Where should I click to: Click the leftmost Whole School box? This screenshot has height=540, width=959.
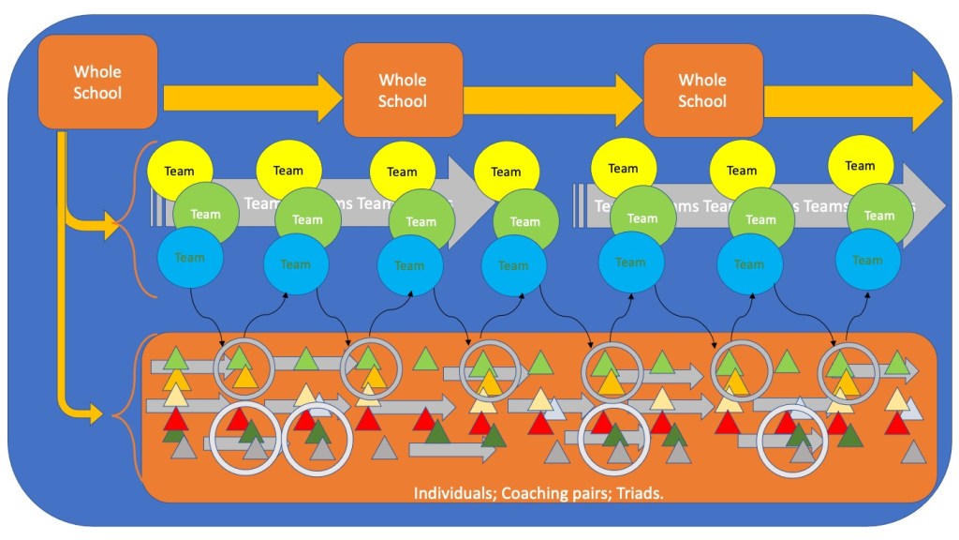[97, 82]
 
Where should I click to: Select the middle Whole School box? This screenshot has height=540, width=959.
[403, 90]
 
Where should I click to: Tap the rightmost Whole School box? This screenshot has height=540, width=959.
[702, 90]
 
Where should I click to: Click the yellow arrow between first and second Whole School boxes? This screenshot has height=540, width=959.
[253, 97]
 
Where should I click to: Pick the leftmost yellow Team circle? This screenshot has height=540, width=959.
[180, 172]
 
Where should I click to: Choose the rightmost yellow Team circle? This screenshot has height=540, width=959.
[860, 166]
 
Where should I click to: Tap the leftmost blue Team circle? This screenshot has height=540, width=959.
[190, 258]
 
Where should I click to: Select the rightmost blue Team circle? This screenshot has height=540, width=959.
[867, 260]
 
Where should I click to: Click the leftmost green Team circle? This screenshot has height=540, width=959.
[205, 215]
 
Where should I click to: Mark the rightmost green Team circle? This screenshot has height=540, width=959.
[878, 216]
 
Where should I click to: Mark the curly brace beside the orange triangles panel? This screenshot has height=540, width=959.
[126, 412]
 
